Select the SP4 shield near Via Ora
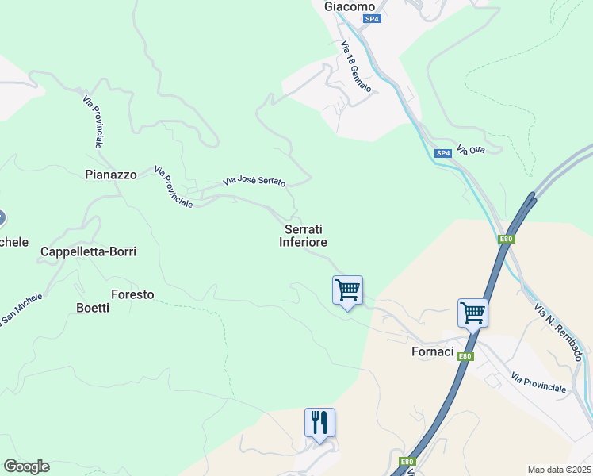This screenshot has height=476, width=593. [443, 152]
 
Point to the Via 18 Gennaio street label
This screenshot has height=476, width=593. [356, 67]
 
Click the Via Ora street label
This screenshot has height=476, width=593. [476, 150]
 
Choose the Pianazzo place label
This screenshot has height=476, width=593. [111, 175]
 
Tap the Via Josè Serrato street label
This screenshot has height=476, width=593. [254, 181]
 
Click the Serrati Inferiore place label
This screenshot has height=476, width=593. [303, 236]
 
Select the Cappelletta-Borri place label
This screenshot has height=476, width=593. [89, 251]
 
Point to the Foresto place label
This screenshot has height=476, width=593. [132, 294]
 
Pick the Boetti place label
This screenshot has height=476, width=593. [92, 308]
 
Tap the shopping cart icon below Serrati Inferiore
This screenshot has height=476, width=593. [347, 290]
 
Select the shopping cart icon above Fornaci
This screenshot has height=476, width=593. [472, 313]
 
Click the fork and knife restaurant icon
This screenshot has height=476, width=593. [319, 422]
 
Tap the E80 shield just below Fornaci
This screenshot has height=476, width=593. [465, 356]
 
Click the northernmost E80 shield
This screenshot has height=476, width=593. [506, 239]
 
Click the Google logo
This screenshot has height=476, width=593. [26, 466]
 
